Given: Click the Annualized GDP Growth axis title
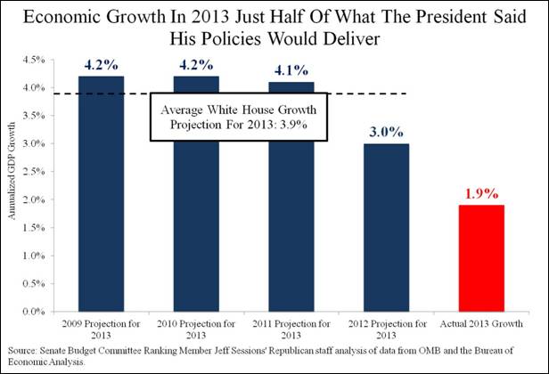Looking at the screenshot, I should point(12,184).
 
